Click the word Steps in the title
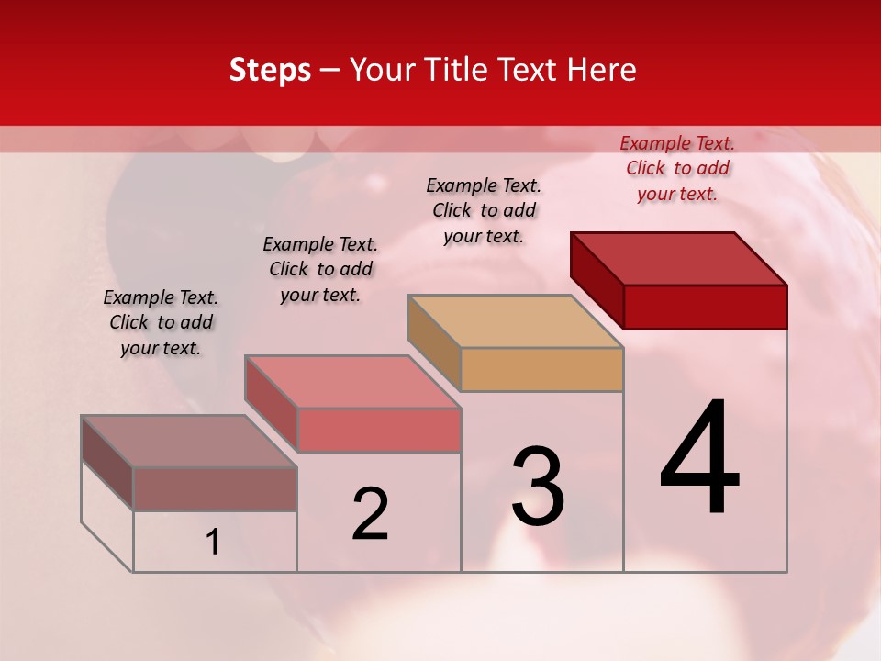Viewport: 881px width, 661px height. click(x=270, y=70)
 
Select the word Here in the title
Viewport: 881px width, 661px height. click(x=602, y=70)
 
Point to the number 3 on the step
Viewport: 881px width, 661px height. click(x=538, y=486)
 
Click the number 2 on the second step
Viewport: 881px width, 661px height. click(x=371, y=513)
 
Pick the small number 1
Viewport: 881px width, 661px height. click(x=213, y=543)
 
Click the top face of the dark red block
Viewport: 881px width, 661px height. click(x=679, y=258)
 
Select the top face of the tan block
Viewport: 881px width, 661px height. click(x=516, y=321)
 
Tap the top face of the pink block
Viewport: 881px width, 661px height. click(x=352, y=382)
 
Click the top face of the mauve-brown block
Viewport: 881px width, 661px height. click(x=189, y=442)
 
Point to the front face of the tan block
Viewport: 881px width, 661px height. click(x=541, y=369)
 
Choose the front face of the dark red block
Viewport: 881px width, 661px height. click(x=705, y=307)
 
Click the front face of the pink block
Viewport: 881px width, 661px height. click(x=379, y=430)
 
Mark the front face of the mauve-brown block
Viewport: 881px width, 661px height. click(x=215, y=489)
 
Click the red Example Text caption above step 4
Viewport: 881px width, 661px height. click(x=677, y=168)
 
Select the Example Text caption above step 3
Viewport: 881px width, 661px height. click(x=484, y=210)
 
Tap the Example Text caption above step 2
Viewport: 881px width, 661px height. click(x=320, y=269)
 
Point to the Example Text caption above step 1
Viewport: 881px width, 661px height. click(x=161, y=322)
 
